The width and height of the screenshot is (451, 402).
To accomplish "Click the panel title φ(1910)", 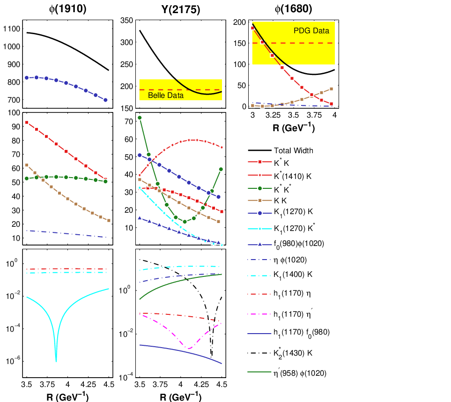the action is [67, 9].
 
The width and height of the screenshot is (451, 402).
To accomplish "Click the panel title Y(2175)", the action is [181, 9].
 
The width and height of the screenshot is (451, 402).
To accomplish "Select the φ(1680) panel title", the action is [293, 9].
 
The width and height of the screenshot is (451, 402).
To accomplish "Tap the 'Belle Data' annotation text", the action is [166, 95].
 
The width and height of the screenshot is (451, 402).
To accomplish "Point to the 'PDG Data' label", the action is [311, 31].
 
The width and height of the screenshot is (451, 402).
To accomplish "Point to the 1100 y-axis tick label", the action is [12, 29].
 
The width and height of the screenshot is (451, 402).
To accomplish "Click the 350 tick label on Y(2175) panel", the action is [126, 21].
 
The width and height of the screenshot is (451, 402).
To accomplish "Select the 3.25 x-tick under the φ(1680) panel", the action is [273, 115].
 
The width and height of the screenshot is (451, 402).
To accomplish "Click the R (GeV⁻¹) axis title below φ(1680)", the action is [293, 127].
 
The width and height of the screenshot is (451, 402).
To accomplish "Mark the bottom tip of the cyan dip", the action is [56, 361].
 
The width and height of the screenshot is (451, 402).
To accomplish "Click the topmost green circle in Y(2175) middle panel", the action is [140, 118].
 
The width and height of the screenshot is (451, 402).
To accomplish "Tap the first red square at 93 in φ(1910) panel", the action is [27, 123].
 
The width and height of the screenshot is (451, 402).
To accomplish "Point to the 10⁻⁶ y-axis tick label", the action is [13, 360].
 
